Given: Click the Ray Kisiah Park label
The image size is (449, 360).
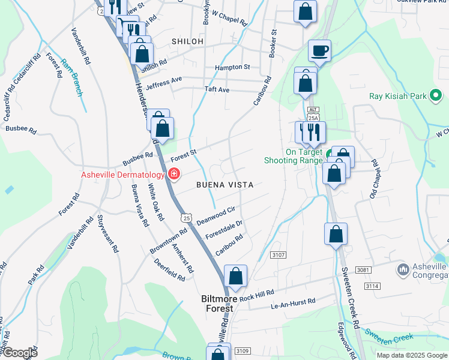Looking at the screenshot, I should pyautogui.click(x=397, y=95).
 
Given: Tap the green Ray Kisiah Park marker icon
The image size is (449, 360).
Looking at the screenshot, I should pyautogui.click(x=437, y=95).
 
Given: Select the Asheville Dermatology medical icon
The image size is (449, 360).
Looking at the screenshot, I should pyautogui.click(x=173, y=175).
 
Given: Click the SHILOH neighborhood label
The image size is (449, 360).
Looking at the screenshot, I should pyautogui.click(x=187, y=41).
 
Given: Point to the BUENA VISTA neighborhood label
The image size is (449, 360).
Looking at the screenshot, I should pyautogui.click(x=224, y=185).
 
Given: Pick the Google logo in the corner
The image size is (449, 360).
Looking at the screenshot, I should pyautogui.click(x=19, y=352).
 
